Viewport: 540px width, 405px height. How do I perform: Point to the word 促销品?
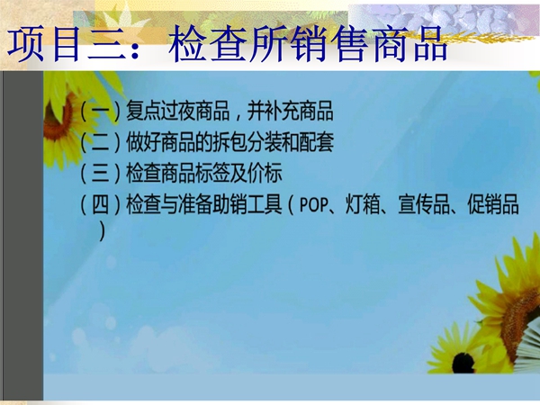coord(493,204)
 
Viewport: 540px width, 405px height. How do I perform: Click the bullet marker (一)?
coord(101,111)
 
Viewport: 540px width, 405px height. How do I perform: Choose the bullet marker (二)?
coord(101,142)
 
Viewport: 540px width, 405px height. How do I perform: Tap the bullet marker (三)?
coord(101,173)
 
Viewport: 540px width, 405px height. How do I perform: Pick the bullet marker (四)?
coord(101,204)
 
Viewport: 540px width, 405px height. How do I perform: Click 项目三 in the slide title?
coord(66,44)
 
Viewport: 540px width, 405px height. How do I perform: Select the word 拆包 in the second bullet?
coord(229,142)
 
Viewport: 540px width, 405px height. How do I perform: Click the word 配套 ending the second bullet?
coord(316,142)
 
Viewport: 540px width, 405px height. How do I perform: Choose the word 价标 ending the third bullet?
coord(265,173)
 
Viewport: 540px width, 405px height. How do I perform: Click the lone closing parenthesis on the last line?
coord(102,230)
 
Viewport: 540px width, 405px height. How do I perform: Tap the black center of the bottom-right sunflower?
coord(463,363)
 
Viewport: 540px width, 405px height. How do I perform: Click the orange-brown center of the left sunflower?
coord(58,118)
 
